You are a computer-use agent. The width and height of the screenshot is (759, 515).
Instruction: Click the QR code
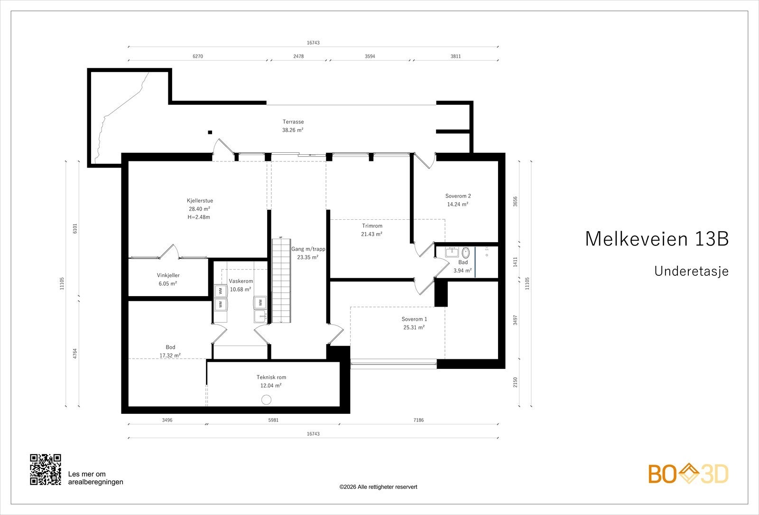click(x=46, y=469)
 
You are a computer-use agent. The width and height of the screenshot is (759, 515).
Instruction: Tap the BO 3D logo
click(x=688, y=474)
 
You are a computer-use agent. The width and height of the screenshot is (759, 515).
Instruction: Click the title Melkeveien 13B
click(x=657, y=239)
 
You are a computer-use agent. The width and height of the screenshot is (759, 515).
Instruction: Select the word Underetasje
click(x=691, y=272)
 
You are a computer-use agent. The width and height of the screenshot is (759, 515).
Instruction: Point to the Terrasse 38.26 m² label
click(x=293, y=126)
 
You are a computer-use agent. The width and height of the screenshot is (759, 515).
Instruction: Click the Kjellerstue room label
click(x=200, y=201)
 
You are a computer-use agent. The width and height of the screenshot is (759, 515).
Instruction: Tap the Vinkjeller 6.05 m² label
click(x=168, y=279)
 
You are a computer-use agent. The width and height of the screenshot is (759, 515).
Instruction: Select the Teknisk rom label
click(x=271, y=377)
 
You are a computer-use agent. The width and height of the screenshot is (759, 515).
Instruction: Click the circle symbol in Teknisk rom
click(x=267, y=400)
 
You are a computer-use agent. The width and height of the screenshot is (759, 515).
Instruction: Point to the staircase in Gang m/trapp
click(x=281, y=280)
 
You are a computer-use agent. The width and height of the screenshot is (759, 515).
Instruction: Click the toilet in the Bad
click(x=465, y=253)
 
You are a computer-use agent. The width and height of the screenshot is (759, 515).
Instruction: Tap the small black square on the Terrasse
click(x=210, y=132)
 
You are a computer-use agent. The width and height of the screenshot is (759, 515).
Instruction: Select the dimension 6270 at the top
click(x=198, y=56)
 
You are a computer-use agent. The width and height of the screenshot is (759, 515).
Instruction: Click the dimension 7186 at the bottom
click(x=418, y=420)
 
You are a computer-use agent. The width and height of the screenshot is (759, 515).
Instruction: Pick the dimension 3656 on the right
click(x=515, y=202)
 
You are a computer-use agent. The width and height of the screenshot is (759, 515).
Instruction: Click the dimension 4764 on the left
click(x=75, y=355)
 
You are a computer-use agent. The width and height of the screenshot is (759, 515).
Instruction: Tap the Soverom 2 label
click(x=458, y=196)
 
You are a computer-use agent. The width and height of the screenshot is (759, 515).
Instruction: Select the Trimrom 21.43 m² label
click(x=372, y=230)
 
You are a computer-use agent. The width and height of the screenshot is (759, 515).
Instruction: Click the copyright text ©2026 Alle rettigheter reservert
click(x=378, y=487)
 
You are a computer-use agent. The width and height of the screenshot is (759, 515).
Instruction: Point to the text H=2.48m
click(x=199, y=217)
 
